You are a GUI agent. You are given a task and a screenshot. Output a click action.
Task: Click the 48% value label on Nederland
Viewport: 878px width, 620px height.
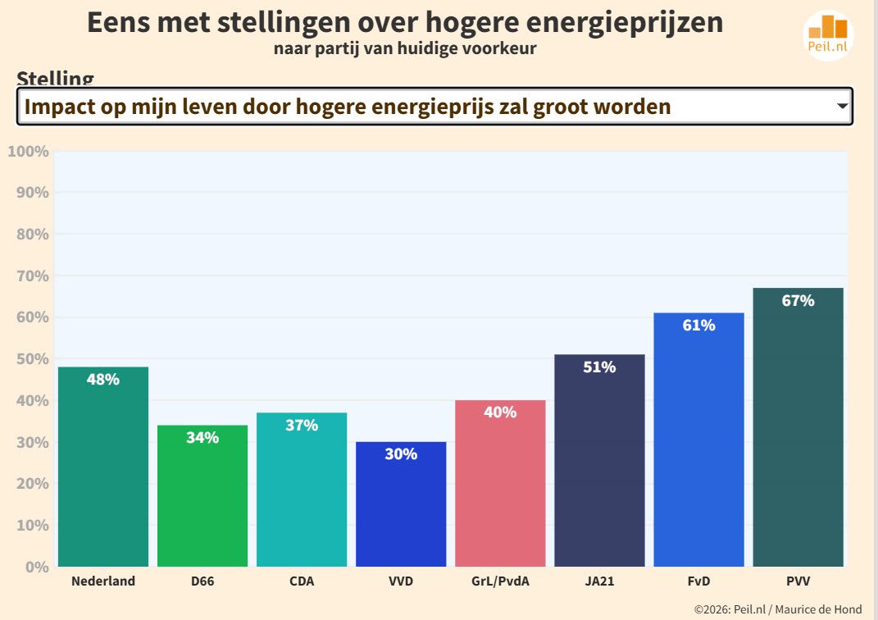pos(103,380)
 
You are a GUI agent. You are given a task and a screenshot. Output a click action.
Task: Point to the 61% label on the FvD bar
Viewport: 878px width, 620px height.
pos(698,326)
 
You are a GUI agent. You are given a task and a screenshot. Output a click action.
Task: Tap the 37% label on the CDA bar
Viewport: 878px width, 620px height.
pos(302,426)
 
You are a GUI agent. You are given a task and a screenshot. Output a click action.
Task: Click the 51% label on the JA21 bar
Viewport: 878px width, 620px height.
pos(599,367)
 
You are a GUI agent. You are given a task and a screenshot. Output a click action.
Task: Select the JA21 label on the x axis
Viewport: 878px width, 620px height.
pos(599,581)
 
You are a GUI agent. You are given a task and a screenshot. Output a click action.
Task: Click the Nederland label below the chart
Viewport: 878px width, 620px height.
pos(103,581)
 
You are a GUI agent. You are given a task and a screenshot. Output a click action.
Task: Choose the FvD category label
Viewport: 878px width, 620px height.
pos(698,581)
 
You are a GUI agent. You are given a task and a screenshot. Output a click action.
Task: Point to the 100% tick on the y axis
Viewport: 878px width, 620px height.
pos(29,152)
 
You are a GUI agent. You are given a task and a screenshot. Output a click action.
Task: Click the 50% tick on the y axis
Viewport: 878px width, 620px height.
pos(32,359)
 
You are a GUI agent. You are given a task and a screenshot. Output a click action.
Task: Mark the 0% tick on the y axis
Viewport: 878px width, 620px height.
pos(35,567)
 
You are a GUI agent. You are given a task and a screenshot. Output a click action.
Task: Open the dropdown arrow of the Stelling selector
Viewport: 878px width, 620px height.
pos(841,107)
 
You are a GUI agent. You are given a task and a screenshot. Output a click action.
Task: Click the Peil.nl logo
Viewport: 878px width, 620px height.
pos(828,35)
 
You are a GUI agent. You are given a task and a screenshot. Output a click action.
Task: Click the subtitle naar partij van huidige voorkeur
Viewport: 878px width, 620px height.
pos(405,48)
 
